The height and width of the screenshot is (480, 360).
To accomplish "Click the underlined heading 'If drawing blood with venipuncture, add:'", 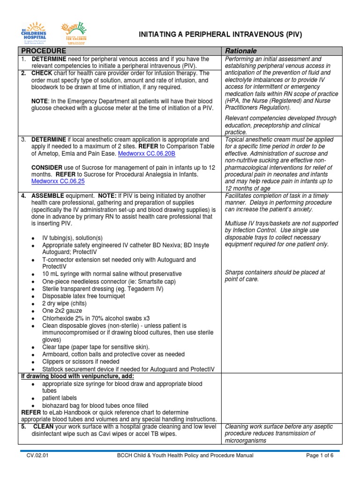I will [x=78, y=376].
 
